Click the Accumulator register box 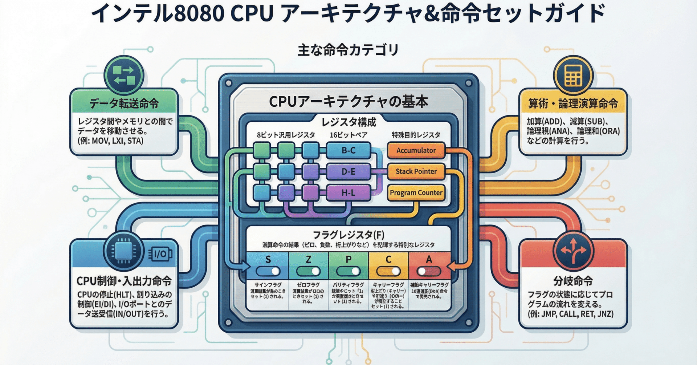coord(416,150)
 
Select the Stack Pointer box coord(416,171)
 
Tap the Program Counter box coord(416,193)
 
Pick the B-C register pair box coord(348,150)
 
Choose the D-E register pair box coord(348,171)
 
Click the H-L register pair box coord(348,193)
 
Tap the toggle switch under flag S coord(268,271)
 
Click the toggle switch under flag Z coord(308,271)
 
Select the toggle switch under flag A coord(429,271)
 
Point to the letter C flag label coord(388,259)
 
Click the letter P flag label coord(348,259)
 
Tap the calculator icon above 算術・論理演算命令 coord(573,76)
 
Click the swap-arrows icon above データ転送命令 coord(124,76)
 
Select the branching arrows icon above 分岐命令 coord(573,251)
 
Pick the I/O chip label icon coord(160,254)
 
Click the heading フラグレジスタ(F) coord(348,235)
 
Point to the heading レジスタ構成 coord(348,122)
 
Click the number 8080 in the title coord(199,14)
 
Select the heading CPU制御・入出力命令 coord(124,281)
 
